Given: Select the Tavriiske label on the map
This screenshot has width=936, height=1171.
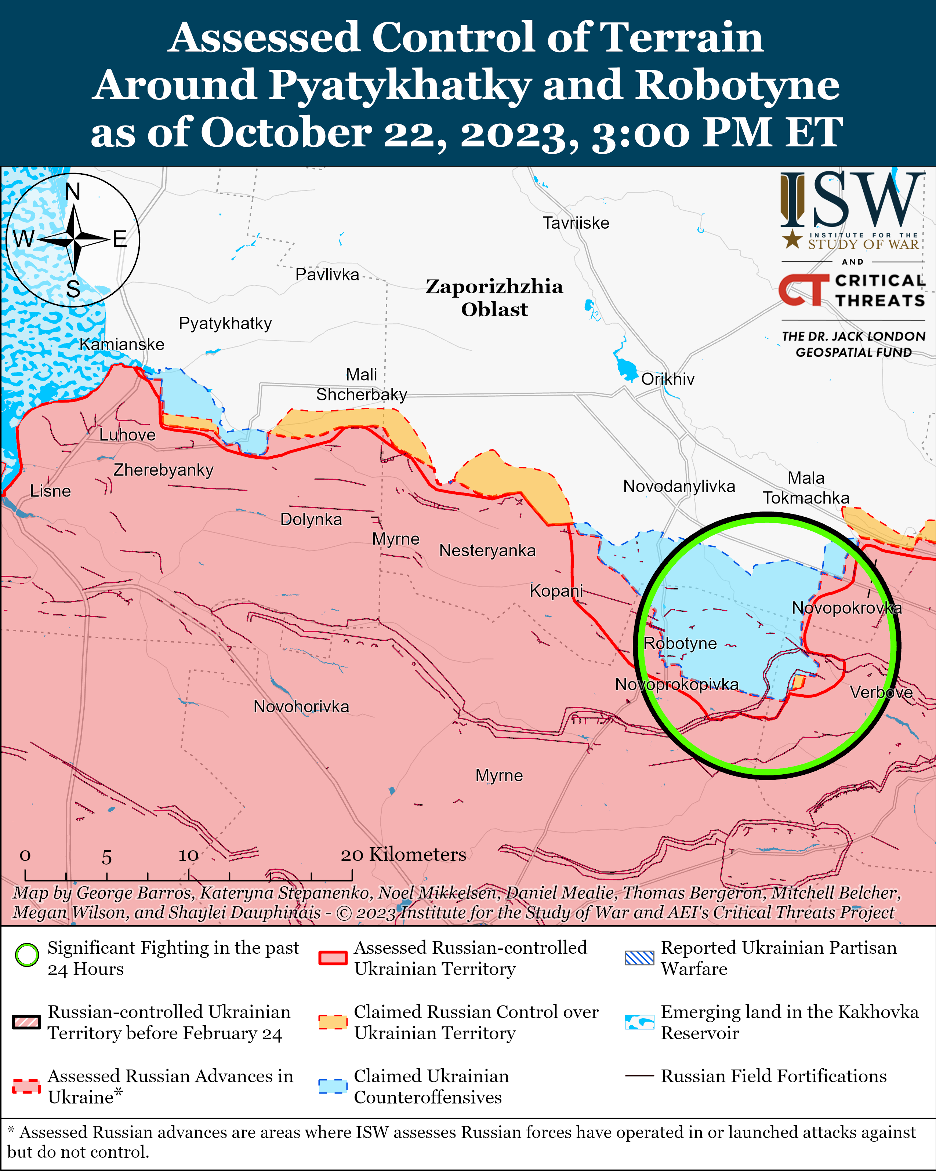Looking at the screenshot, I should coord(576,223).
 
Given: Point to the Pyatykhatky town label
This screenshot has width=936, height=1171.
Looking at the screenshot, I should coord(225,323).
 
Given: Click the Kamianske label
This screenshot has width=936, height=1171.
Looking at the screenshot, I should coord(122,344).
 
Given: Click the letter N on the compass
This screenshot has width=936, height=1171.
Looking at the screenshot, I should coord(73,192).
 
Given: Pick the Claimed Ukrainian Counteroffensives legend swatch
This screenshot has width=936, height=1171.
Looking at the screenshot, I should coord(333,1086).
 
